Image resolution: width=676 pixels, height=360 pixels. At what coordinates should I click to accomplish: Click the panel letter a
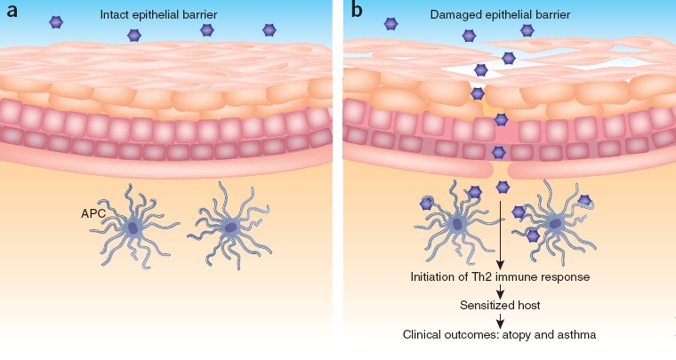point(12,12)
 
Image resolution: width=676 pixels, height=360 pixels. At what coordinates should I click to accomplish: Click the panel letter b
point(356,12)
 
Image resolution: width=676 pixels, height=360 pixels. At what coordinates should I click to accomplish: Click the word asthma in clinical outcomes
point(574,336)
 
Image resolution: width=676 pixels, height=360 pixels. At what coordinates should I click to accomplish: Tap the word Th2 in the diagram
point(493,278)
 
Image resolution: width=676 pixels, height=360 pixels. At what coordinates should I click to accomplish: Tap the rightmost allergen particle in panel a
point(270,30)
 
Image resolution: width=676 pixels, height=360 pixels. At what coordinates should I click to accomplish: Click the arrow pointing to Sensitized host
point(498,292)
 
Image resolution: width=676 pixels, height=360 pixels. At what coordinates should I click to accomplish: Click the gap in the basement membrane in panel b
point(499,169)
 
